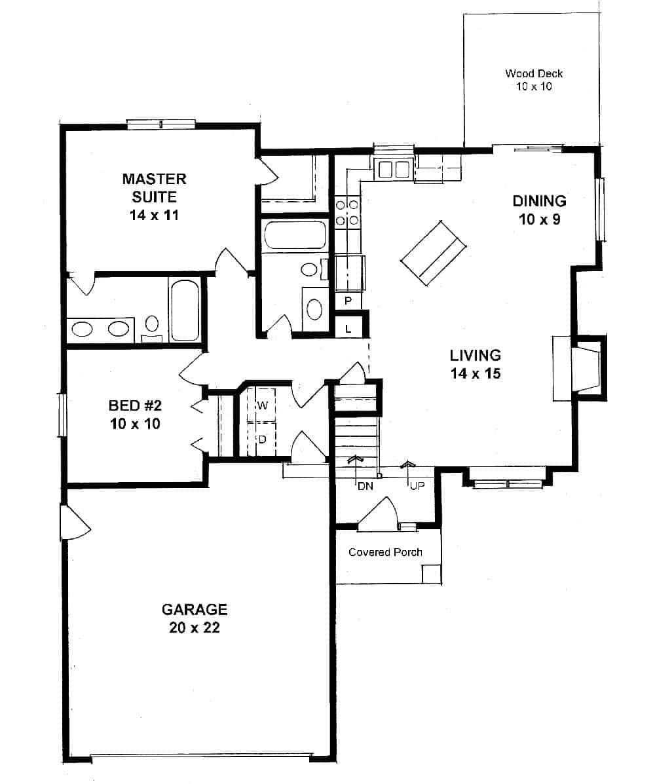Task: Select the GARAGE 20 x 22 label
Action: [195, 618]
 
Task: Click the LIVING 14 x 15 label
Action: [475, 364]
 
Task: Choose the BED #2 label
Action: [134, 414]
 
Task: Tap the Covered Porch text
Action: [385, 552]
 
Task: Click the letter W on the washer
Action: [263, 405]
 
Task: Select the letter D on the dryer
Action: [262, 439]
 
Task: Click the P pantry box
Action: [348, 301]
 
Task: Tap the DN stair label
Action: [364, 486]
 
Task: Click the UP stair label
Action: [417, 486]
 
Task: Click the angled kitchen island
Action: [433, 252]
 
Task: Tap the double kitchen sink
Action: [394, 170]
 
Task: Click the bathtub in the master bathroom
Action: [185, 309]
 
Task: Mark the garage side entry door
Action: [73, 522]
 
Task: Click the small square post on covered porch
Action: [431, 573]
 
